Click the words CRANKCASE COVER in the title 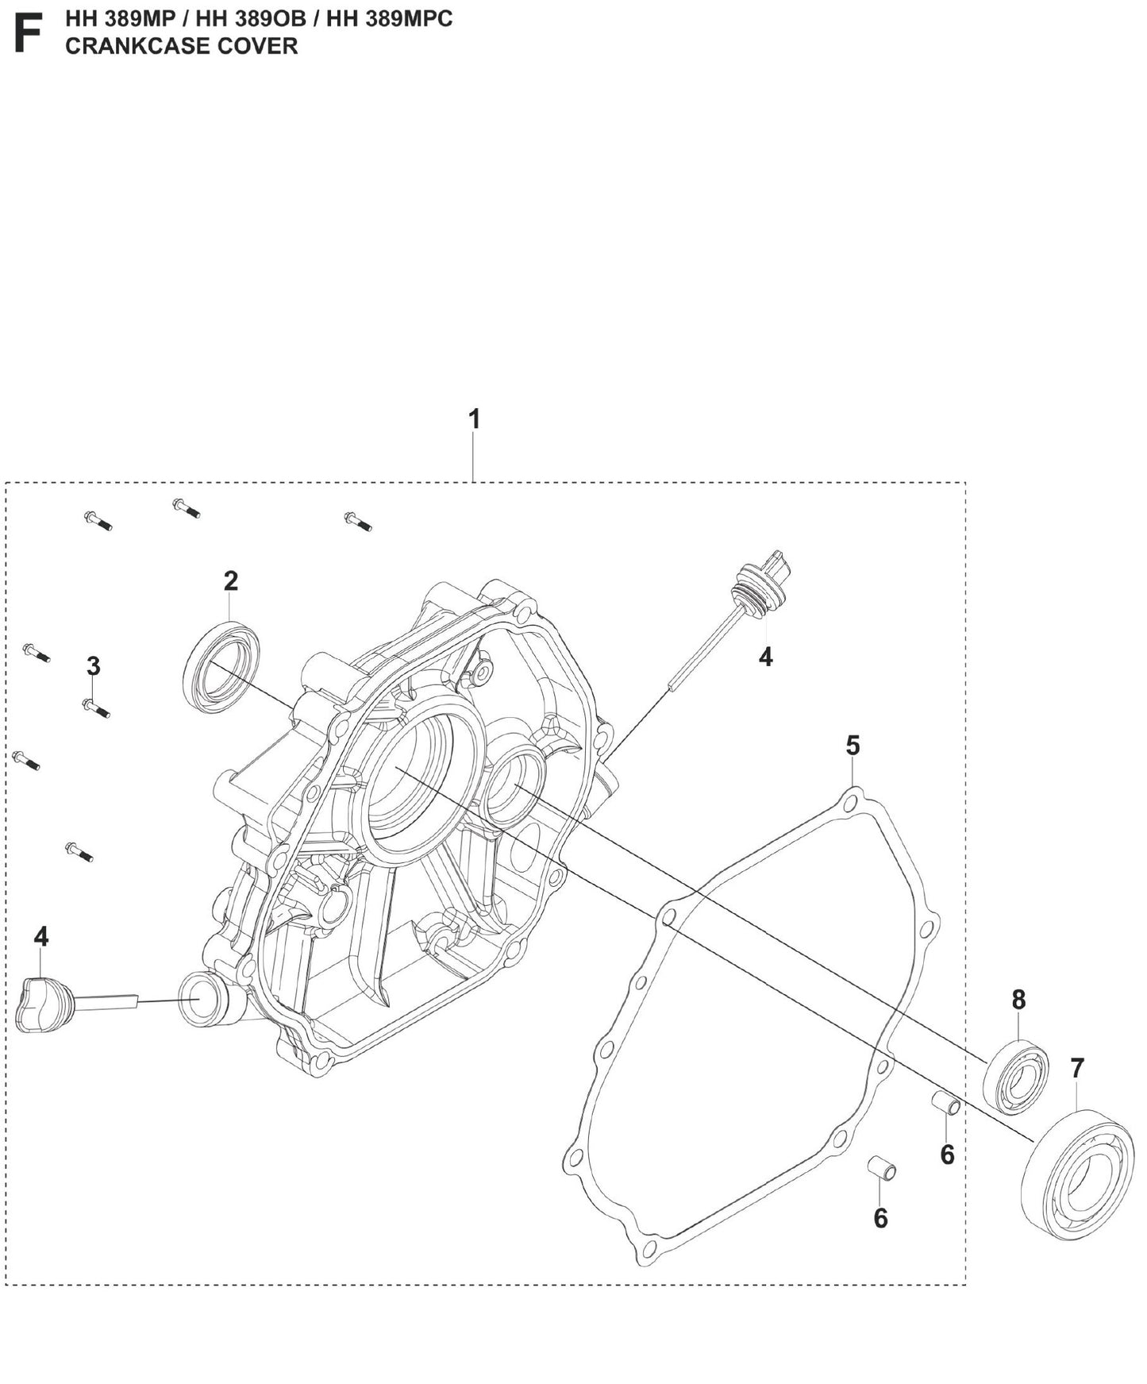181,46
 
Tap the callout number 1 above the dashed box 474,419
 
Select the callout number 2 230,581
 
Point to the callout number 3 93,666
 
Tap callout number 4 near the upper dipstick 765,657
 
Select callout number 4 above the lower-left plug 41,937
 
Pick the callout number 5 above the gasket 853,746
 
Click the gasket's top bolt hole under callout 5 853,799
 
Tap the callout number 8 1018,1000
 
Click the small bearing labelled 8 1016,1076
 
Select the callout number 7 1076,1069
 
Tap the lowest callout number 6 880,1218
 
